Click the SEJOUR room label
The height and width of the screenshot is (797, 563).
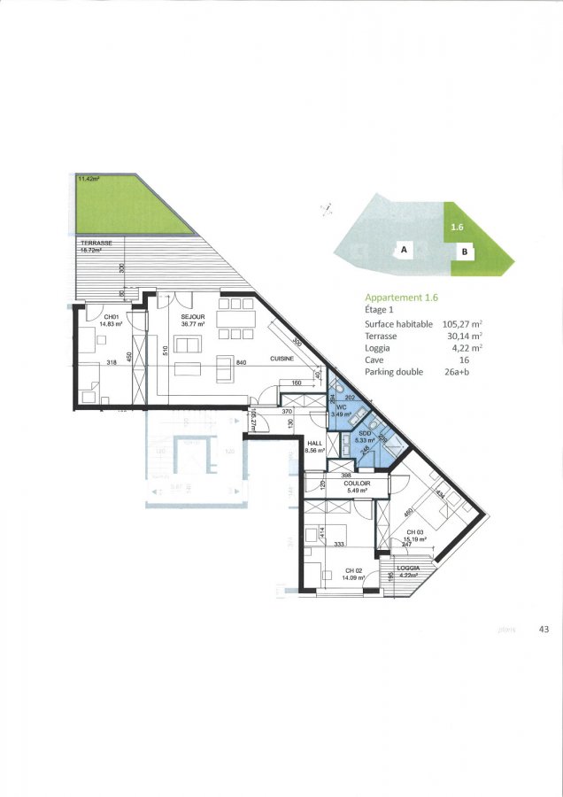193,316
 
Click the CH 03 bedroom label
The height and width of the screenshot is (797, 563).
417,531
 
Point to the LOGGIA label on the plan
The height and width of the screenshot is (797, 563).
408,568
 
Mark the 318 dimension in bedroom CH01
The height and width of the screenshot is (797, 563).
112,363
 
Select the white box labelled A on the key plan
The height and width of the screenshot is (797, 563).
404,251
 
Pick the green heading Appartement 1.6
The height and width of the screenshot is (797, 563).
401,298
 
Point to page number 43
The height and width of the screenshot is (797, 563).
543,630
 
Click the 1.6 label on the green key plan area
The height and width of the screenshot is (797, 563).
457,228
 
